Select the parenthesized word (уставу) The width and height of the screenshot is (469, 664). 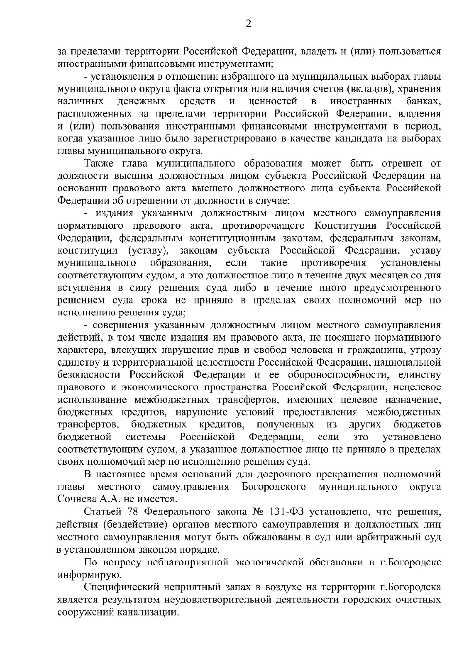[x=147, y=251]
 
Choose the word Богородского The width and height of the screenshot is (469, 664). [x=274, y=486]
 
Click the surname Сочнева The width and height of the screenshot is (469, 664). [x=76, y=499]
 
